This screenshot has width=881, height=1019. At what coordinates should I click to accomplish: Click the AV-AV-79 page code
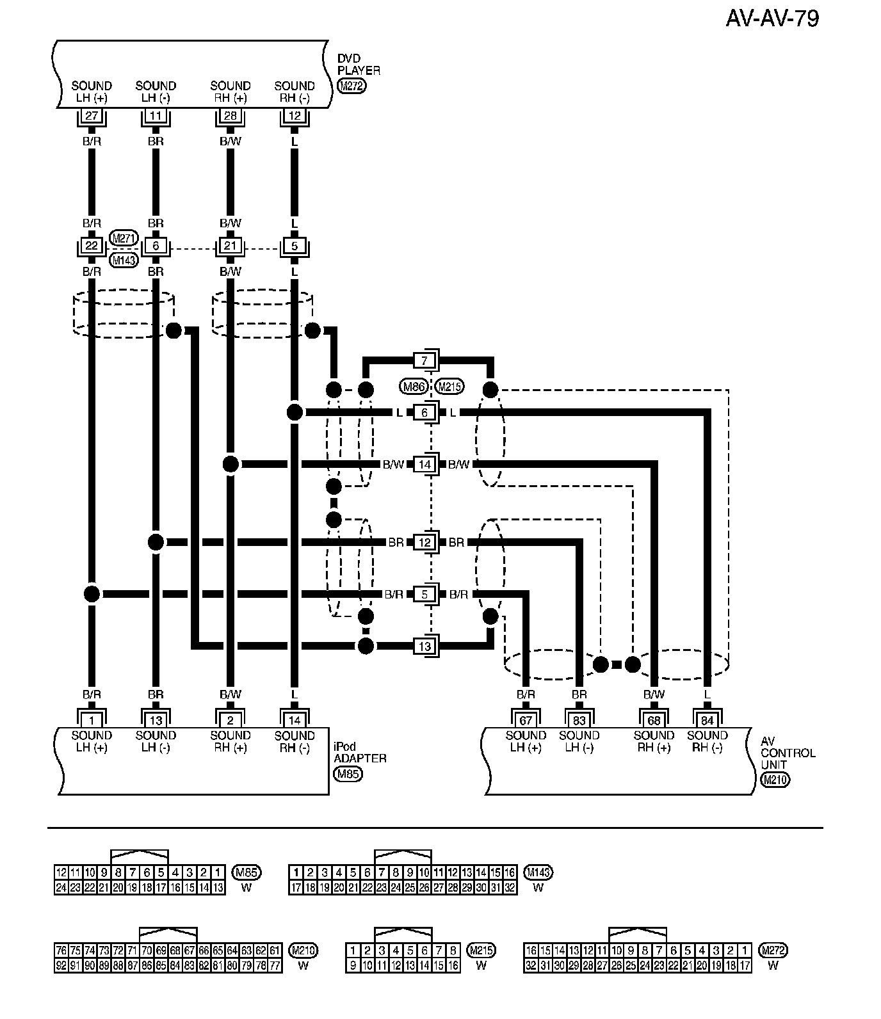tap(772, 19)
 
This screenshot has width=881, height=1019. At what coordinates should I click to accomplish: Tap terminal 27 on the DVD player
tap(92, 116)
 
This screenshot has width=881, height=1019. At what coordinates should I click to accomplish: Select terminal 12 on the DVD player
tap(294, 116)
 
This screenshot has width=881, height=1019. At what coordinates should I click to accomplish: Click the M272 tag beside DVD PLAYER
tap(351, 87)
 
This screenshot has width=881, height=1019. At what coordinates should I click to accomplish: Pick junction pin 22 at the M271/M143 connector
tap(92, 246)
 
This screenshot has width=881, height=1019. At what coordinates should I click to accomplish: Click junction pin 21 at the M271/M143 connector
tap(230, 246)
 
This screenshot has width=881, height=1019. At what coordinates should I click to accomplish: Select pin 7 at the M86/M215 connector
tap(425, 360)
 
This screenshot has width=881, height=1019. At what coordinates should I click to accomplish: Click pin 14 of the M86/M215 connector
tap(425, 464)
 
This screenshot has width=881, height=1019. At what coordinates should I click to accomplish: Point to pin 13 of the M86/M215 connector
tap(425, 646)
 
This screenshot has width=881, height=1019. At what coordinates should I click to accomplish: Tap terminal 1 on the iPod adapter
tap(92, 720)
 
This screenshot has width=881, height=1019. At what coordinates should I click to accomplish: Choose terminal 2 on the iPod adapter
tap(230, 720)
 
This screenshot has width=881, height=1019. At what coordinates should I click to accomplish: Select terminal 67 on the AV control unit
tap(525, 720)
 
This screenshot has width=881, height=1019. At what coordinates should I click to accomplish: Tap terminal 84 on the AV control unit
tap(707, 720)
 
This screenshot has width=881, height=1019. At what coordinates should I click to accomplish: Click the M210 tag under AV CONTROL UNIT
tap(775, 780)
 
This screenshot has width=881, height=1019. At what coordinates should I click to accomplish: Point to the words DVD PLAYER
tap(359, 65)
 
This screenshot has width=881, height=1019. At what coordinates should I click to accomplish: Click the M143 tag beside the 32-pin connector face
tap(538, 872)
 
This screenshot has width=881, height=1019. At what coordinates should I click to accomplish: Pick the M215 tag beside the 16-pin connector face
tap(481, 950)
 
